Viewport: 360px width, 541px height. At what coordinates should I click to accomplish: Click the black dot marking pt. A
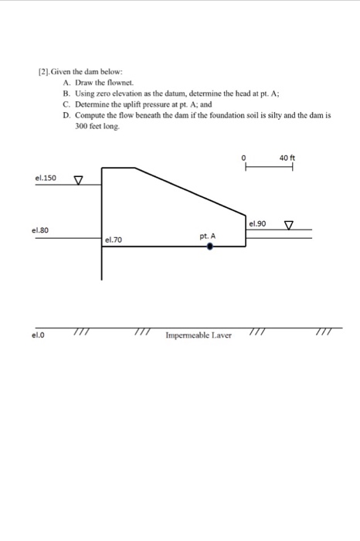pos(209,247)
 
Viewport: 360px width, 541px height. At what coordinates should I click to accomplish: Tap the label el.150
pos(46,178)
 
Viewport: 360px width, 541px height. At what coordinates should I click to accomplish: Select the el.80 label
pos(40,230)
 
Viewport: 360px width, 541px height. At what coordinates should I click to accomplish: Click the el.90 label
pos(257,223)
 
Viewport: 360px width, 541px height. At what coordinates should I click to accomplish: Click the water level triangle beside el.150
pos(77,181)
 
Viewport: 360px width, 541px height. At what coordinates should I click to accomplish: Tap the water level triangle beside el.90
pos(289,225)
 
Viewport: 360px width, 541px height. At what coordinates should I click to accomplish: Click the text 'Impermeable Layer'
pos(199,336)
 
